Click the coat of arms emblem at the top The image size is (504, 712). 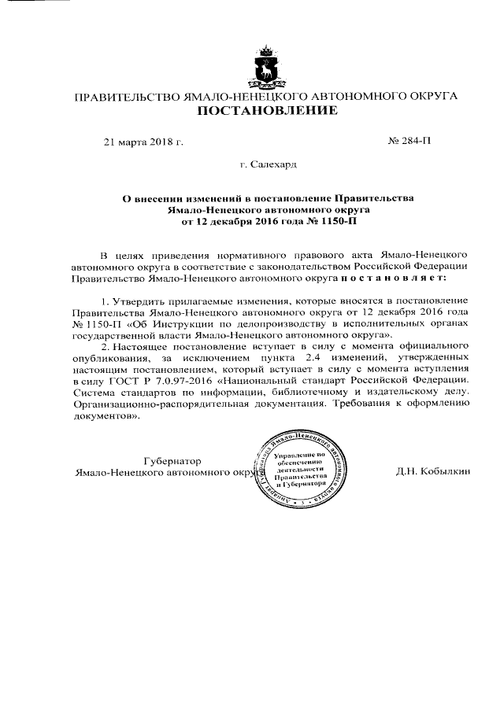(266, 70)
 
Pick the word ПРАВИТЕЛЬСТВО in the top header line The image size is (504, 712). (125, 96)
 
